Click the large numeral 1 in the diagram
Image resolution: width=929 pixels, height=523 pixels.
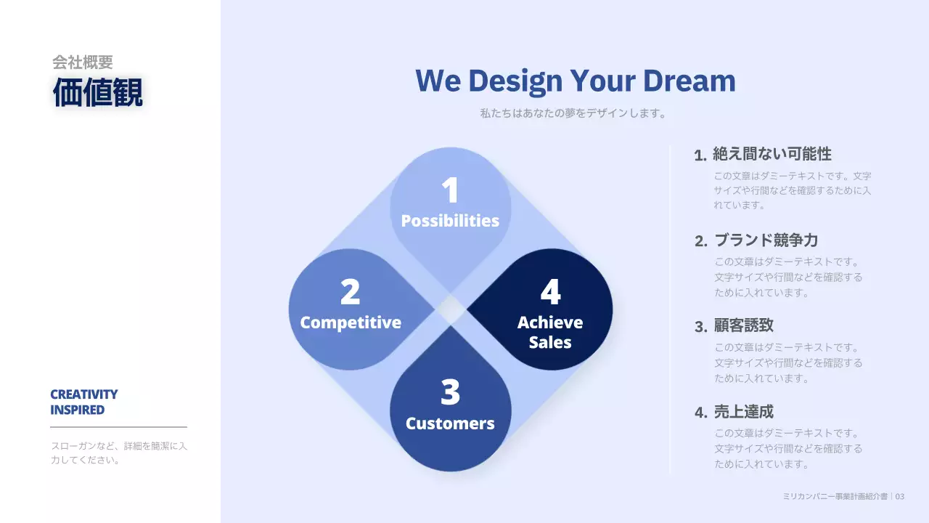click(451, 190)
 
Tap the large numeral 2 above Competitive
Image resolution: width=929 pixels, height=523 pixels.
click(350, 291)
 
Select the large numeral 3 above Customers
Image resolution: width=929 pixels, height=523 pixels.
click(451, 392)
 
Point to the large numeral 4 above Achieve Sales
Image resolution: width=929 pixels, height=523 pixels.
click(551, 291)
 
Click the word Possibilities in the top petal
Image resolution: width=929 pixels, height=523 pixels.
click(451, 221)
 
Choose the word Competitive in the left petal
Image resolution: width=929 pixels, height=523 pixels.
click(351, 323)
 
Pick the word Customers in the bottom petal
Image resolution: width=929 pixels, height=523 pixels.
click(451, 423)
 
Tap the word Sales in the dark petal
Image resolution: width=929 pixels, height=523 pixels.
click(550, 342)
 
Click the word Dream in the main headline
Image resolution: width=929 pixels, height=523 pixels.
click(689, 81)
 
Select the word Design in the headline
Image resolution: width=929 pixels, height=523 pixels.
click(515, 81)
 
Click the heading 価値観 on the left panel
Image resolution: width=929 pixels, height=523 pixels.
click(98, 92)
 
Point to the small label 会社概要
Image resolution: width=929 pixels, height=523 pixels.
click(83, 62)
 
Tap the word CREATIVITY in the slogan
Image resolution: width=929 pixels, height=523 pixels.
click(84, 394)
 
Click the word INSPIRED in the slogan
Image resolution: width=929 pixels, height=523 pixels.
click(78, 410)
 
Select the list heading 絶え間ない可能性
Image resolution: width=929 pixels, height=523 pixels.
click(772, 154)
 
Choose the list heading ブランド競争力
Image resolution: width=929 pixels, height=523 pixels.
click(766, 240)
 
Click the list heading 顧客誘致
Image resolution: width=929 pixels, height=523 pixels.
click(744, 325)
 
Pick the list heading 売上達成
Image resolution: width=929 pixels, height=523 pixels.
click(744, 412)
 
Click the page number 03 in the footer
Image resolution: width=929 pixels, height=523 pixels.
click(899, 496)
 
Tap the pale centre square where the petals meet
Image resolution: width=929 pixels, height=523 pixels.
click(451, 309)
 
